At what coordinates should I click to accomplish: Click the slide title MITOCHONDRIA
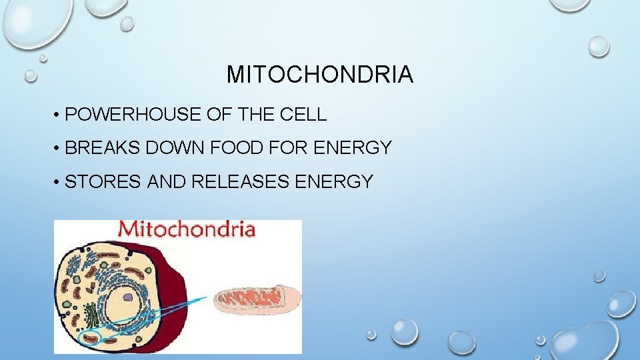[x=319, y=75]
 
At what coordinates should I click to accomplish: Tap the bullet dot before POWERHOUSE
[x=59, y=116]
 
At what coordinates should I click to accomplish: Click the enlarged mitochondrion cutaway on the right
[x=257, y=300]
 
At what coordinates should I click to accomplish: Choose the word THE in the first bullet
[x=253, y=115]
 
